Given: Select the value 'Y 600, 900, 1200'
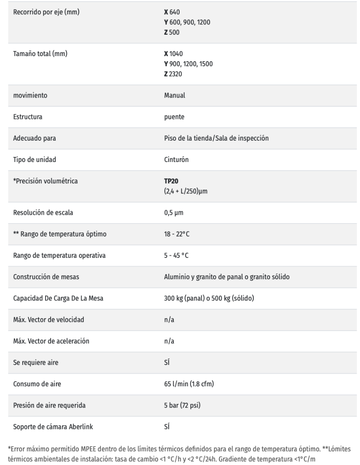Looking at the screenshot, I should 187,22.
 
